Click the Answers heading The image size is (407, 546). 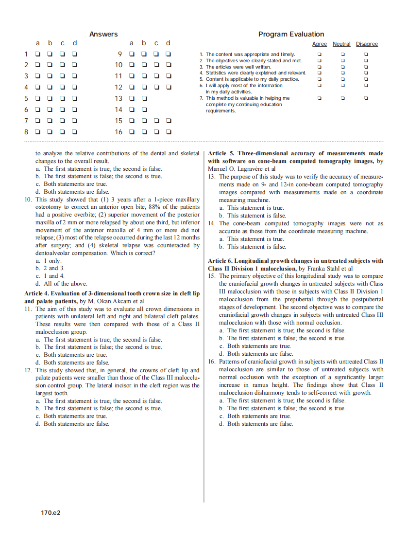[x=103, y=34]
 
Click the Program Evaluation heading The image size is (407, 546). [x=291, y=34]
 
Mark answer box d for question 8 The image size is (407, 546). [x=75, y=131]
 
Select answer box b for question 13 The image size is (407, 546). [x=144, y=98]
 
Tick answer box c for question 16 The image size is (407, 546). [x=156, y=131]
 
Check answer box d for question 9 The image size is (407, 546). [x=169, y=54]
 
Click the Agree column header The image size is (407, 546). [x=319, y=44]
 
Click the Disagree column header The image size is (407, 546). [x=367, y=44]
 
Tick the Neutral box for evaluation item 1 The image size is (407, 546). [x=342, y=55]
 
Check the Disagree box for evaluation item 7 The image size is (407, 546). [x=366, y=98]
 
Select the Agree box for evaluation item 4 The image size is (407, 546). [x=319, y=73]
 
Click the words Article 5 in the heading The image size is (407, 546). [x=221, y=153]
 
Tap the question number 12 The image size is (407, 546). [x=28, y=370]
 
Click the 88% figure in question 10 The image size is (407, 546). [x=153, y=207]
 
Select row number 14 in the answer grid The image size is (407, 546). [x=119, y=109]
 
